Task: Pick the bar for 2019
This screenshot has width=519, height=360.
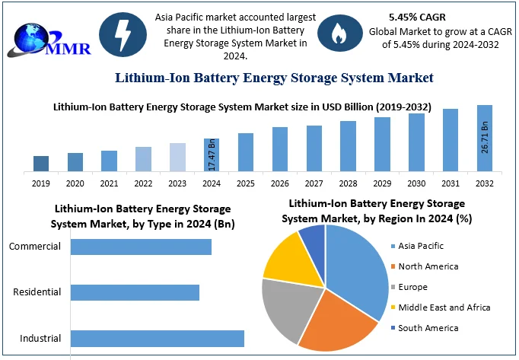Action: point(41,163)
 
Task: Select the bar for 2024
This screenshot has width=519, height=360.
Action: point(212,155)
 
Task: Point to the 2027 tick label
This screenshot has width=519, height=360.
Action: point(314,184)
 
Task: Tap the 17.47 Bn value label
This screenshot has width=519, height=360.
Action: point(212,155)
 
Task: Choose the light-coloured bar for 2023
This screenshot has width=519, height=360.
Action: point(177,157)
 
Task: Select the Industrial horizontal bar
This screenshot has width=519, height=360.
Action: point(158,339)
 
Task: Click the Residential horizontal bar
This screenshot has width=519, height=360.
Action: point(135,293)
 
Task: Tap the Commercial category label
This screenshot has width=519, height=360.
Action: point(36,247)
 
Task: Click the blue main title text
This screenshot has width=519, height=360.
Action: point(274,78)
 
